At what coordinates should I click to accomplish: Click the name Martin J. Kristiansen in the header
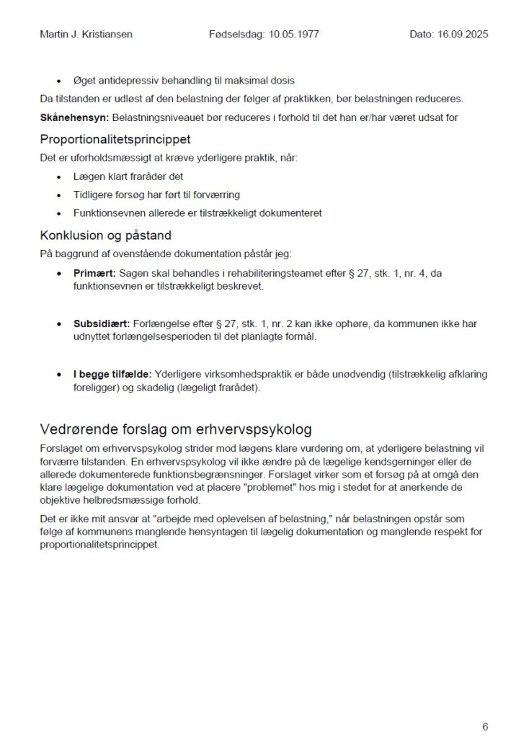coord(86,34)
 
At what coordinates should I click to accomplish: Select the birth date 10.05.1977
coord(295,34)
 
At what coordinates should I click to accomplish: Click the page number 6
coord(485,726)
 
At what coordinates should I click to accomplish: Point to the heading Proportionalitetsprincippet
coord(115,138)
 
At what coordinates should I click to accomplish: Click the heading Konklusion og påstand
coord(105,236)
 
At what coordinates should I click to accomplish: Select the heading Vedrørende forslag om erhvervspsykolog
coord(176,430)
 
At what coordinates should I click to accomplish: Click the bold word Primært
coord(94,274)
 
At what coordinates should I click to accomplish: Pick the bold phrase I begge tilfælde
coord(112,375)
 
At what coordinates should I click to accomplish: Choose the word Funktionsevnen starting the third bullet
coord(105,213)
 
